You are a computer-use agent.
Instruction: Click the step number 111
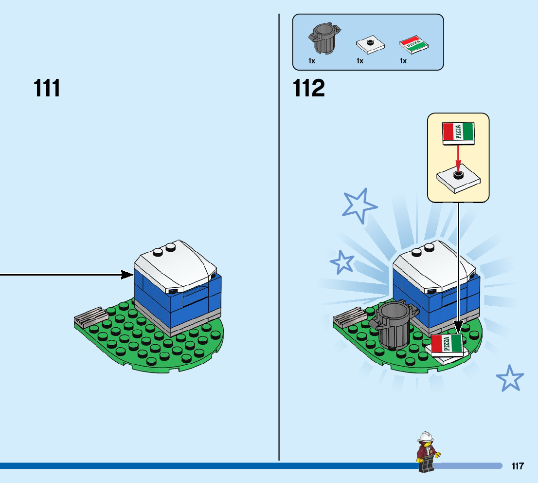(x=47, y=89)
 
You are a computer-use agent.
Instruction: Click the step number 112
(x=309, y=89)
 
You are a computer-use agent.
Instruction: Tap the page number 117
(x=518, y=466)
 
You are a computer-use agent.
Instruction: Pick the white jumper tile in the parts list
(x=370, y=45)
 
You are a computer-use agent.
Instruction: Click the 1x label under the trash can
(x=312, y=61)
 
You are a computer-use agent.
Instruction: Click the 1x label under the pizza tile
(x=403, y=61)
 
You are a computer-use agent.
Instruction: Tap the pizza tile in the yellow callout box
(x=458, y=132)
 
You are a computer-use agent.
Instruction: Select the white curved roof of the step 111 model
(x=175, y=266)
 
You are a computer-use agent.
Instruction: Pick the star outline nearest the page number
(x=510, y=378)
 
